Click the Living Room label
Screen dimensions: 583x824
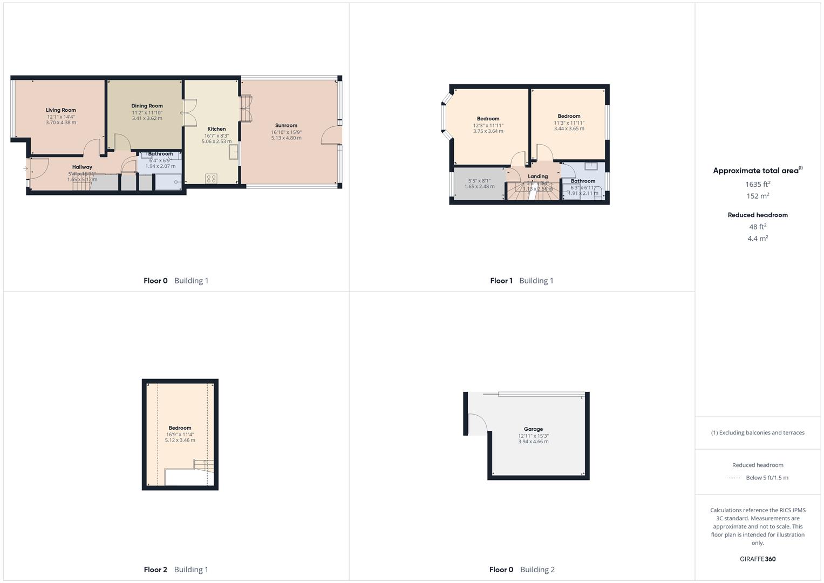pos(60,110)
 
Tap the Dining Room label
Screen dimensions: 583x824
pos(147,106)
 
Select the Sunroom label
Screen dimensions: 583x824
pos(286,125)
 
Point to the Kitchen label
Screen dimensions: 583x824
pos(216,129)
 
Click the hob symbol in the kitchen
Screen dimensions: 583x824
pos(211,179)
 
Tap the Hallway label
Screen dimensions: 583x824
pos(82,167)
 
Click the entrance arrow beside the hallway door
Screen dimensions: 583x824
pos(25,169)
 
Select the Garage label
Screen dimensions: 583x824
pos(533,429)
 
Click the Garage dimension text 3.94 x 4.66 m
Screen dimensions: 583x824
pos(533,442)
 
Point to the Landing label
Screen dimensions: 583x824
pos(537,177)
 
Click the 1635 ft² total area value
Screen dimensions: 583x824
pos(758,184)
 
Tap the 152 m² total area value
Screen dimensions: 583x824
pos(758,196)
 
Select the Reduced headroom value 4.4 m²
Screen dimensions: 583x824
pos(758,238)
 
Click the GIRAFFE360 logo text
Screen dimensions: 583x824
pos(758,559)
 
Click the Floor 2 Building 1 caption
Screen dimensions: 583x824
pos(176,570)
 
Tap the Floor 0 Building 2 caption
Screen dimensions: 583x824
pos(522,570)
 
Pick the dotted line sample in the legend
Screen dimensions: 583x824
pos(734,478)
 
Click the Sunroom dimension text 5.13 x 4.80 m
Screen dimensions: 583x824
pos(286,138)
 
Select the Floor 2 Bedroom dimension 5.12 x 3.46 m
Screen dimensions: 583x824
pos(180,440)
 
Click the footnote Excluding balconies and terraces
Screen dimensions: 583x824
pos(758,432)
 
